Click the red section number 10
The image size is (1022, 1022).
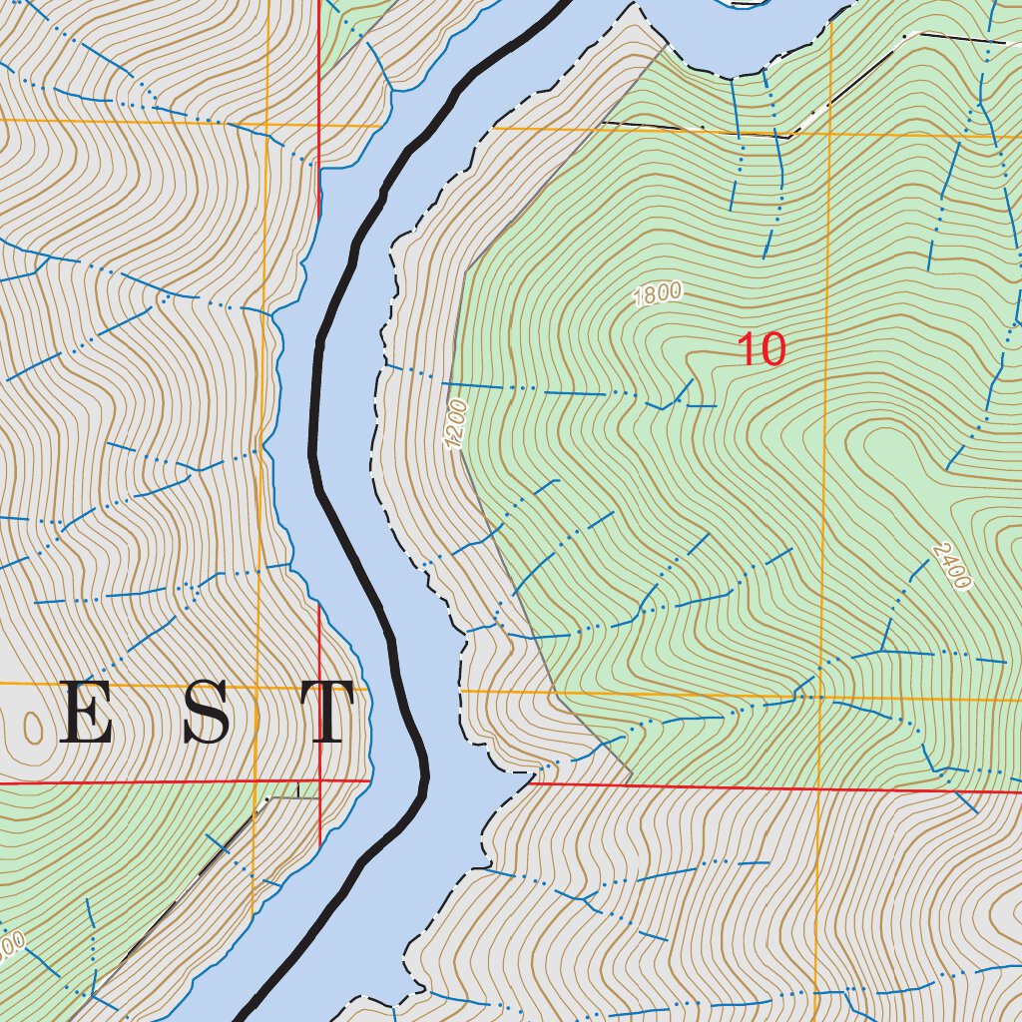point(762,350)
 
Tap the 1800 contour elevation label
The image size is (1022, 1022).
point(658,294)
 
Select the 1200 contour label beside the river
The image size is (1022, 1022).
point(456,424)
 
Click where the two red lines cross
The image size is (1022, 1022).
point(319,780)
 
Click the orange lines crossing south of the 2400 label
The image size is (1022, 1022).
point(820,696)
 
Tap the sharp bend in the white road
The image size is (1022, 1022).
point(790,136)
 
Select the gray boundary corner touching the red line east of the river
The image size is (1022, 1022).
point(631,782)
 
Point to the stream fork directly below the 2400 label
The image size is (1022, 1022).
point(882,650)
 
